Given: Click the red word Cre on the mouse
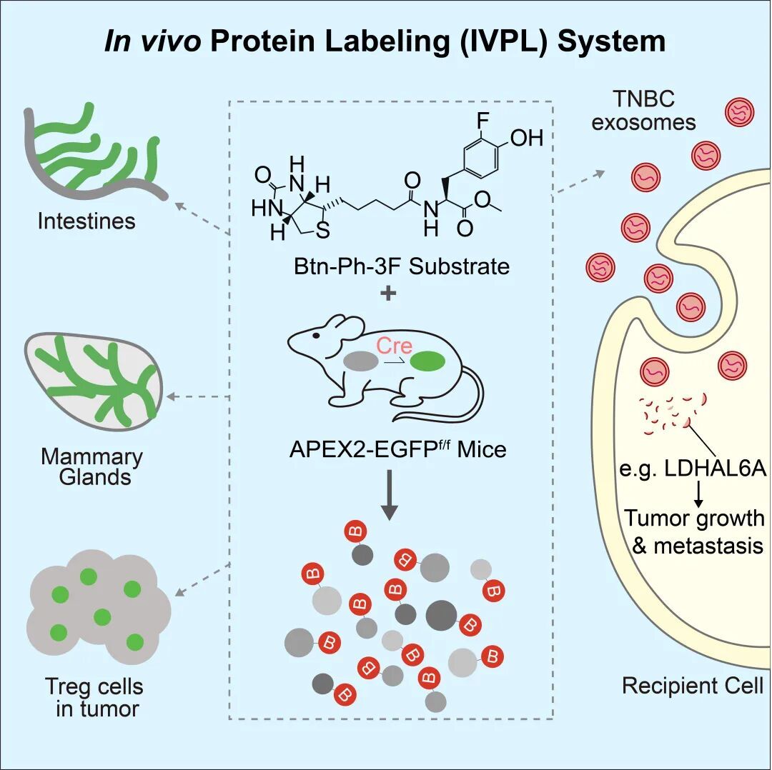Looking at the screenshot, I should tap(395, 346).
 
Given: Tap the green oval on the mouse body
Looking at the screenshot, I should tap(427, 361).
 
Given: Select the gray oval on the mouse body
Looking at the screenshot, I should tap(361, 361).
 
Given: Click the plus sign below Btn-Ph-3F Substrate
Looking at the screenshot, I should tap(388, 293).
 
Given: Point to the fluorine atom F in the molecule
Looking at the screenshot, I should tap(483, 119).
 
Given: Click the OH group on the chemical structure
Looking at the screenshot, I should tap(527, 138).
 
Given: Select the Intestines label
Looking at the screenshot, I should tap(86, 221).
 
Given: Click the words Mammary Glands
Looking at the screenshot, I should tap(91, 466).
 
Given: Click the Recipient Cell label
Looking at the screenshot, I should tap(692, 686).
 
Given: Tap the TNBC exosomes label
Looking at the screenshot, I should tap(643, 111).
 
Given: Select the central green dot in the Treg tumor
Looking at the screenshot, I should tap(103, 616).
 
